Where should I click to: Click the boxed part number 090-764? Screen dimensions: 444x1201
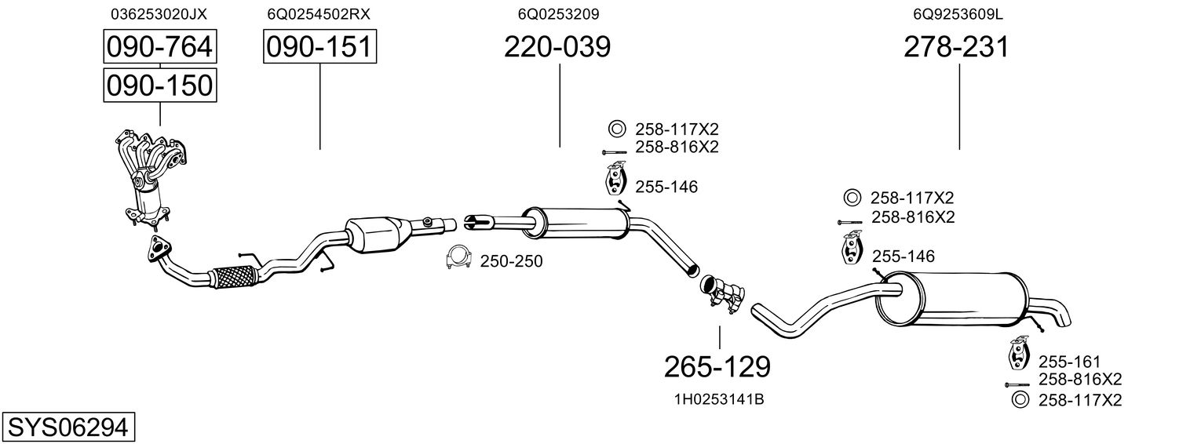pyautogui.click(x=160, y=48)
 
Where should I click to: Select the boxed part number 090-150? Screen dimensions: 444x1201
pyautogui.click(x=160, y=85)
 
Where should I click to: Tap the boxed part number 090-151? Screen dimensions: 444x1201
pyautogui.click(x=319, y=48)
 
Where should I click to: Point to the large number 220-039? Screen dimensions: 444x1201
pyautogui.click(x=557, y=48)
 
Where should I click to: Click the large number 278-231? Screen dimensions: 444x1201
pyautogui.click(x=956, y=48)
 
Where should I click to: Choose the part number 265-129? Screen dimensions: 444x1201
pyautogui.click(x=717, y=366)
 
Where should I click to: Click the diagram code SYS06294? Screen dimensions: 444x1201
pyautogui.click(x=68, y=427)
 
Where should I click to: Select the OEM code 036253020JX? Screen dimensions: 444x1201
pyautogui.click(x=159, y=14)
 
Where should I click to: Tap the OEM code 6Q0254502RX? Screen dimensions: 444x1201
pyautogui.click(x=319, y=14)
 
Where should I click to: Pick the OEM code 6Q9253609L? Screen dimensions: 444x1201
pyautogui.click(x=958, y=14)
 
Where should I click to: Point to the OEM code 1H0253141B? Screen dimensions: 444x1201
pyautogui.click(x=719, y=399)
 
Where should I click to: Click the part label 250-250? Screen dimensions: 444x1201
pyautogui.click(x=511, y=261)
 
